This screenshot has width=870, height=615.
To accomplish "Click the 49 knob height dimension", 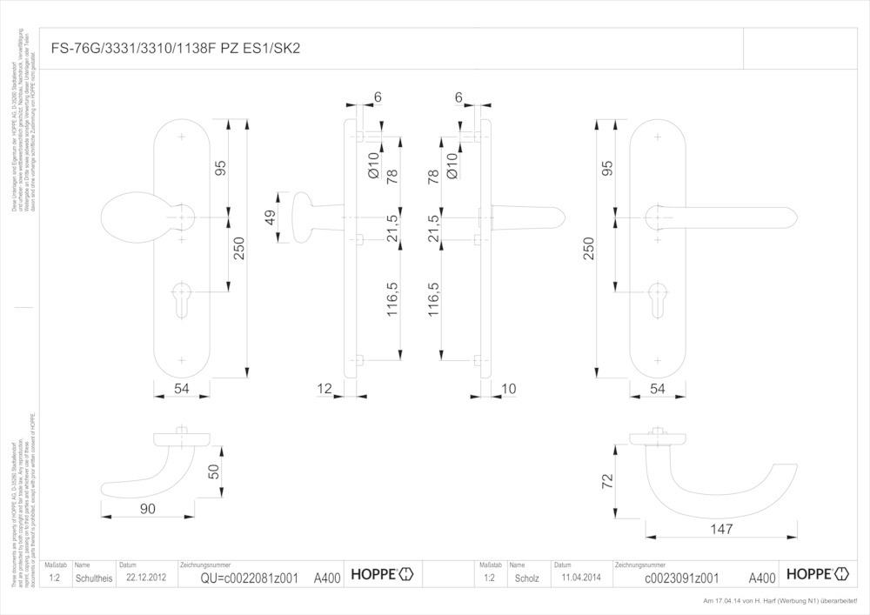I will tap(271, 217).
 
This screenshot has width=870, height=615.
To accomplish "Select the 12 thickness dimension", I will tap(325, 389).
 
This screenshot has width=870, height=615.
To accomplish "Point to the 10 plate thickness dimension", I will tap(509, 389).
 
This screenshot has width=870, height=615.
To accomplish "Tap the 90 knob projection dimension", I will tap(147, 508).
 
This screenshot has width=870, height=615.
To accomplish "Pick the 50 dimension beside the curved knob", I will tap(214, 472).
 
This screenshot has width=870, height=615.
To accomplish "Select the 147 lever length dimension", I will tap(721, 529).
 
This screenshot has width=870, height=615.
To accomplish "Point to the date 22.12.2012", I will tap(144, 577).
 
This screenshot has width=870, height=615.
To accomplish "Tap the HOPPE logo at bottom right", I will tap(815, 574).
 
